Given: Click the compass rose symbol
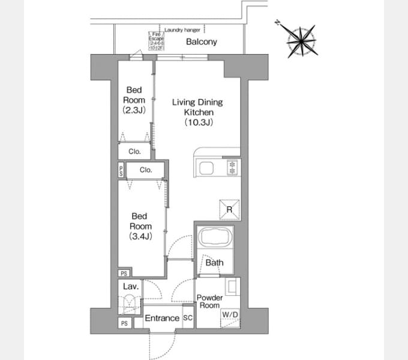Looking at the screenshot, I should pyautogui.click(x=301, y=40).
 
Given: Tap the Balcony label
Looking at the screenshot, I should pyautogui.click(x=201, y=42).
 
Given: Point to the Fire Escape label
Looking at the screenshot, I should pyautogui.click(x=156, y=39).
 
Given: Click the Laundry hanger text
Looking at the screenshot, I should pyautogui.click(x=182, y=28).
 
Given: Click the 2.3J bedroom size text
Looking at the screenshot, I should pyautogui.click(x=134, y=110).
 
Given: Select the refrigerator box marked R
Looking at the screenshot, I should pyautogui.click(x=230, y=209).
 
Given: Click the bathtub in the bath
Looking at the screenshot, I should pyautogui.click(x=217, y=238).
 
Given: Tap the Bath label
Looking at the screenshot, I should pyautogui.click(x=214, y=263).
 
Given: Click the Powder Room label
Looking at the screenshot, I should pyautogui.click(x=209, y=302).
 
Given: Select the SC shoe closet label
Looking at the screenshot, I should pyautogui.click(x=187, y=318).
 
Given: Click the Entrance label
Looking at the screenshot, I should pyautogui.click(x=163, y=318).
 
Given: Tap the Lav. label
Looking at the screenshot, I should pyautogui.click(x=131, y=287).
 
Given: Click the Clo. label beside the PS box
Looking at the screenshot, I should pyautogui.click(x=146, y=170).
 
